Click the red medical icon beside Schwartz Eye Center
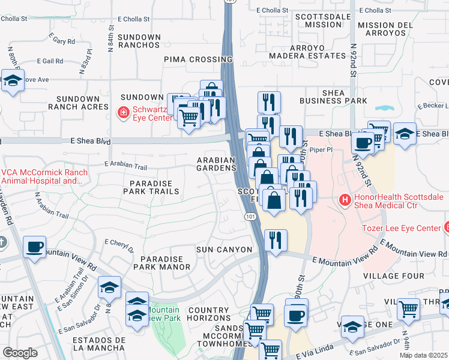122,112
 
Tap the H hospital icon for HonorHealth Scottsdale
345,200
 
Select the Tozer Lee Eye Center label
401,228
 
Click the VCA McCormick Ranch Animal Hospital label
44,176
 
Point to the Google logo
20,353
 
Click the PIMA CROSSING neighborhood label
198,59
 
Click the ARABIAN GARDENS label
217,164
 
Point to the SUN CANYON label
224,249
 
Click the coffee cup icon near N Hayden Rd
34,247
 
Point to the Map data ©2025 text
424,355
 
